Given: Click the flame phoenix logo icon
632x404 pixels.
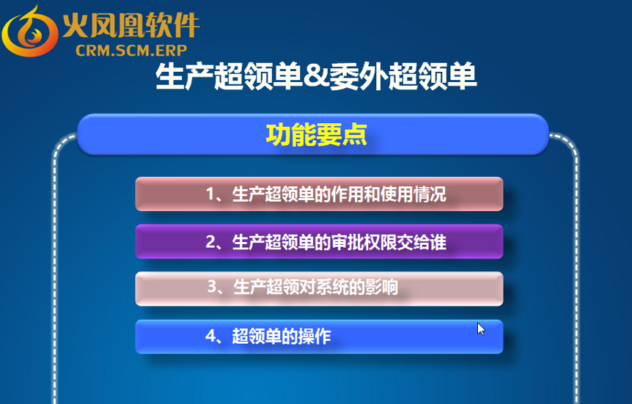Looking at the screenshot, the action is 30,32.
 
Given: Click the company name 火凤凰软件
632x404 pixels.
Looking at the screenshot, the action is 131,26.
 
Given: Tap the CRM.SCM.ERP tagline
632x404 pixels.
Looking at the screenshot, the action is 131,51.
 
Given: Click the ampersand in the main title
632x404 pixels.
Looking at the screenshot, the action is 315,76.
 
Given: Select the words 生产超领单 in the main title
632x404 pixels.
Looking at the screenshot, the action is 229,76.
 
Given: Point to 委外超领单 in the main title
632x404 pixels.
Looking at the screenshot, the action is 403,76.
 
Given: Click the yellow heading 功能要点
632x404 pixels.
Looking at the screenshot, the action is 317,134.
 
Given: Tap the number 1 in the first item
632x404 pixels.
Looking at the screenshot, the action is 210,194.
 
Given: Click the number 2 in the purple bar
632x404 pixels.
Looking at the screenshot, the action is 211,242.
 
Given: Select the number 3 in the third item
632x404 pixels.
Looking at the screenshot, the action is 213,287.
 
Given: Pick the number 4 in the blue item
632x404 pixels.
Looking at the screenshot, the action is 211,336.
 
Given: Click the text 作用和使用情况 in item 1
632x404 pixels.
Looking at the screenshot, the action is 388,194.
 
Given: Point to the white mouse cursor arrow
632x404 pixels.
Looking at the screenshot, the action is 481,329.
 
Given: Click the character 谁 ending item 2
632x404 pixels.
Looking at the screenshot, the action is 438,242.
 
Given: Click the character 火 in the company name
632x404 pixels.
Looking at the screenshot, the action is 76,26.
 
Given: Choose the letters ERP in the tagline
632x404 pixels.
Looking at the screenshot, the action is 172,51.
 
